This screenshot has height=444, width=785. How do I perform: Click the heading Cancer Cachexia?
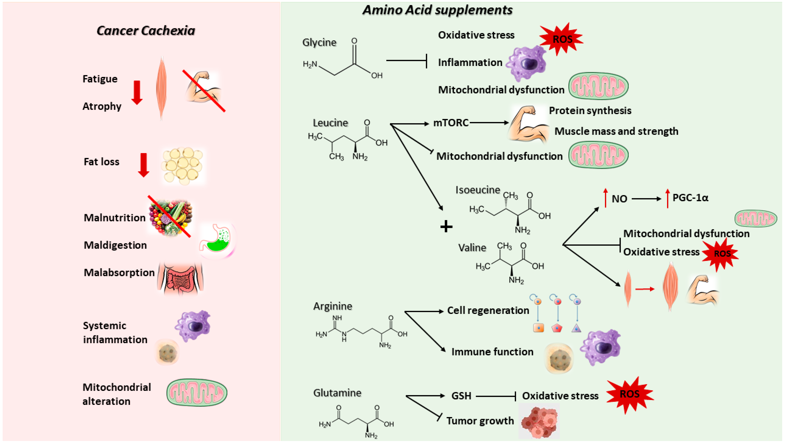coord(146,31)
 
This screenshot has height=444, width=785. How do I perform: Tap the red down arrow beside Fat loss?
coord(144,165)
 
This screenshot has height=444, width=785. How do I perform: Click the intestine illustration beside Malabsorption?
coord(180,278)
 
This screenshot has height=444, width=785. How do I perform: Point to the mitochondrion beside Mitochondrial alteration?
coord(197,393)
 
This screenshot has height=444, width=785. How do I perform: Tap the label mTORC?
coord(451,122)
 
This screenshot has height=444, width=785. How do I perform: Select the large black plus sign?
coord(446,227)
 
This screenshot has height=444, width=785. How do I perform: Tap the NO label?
coord(619,199)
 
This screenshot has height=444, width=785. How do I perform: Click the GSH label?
coord(461,396)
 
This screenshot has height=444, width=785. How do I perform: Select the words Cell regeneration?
coord(488,310)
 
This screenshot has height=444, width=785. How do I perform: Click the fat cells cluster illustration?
coord(183,166)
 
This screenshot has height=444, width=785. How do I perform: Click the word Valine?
coord(472,248)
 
